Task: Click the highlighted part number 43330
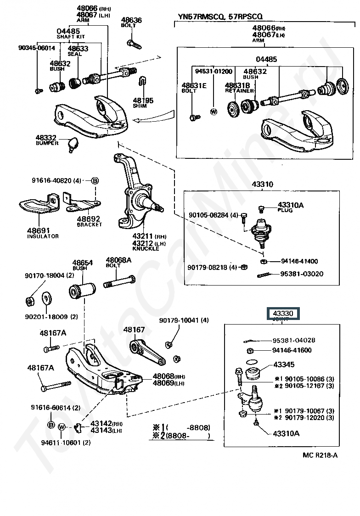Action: [x=283, y=314]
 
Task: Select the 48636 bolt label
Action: [x=131, y=21]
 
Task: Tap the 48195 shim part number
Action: [x=143, y=101]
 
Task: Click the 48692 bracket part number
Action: [x=89, y=219]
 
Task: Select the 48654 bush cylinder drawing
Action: [x=82, y=291]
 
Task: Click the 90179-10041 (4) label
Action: [x=184, y=320]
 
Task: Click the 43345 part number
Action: [x=285, y=365]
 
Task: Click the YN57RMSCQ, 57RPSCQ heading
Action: [x=220, y=17]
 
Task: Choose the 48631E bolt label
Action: [x=194, y=85]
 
